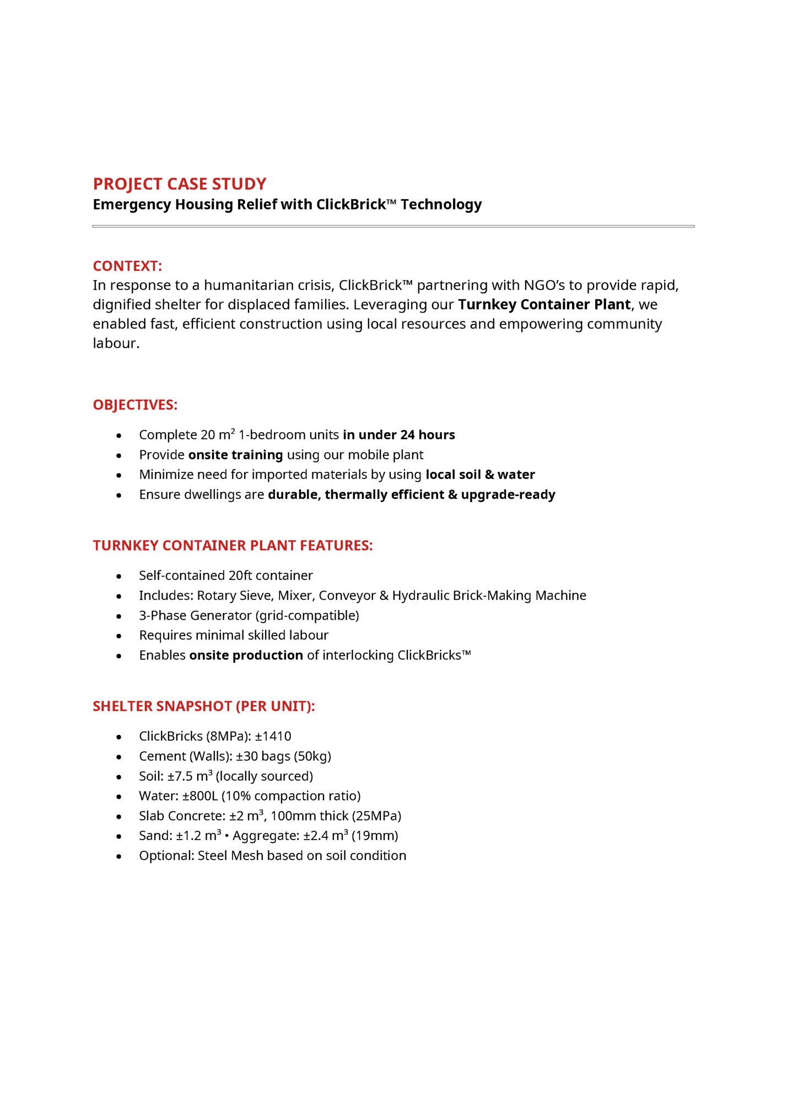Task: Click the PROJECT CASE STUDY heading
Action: tap(179, 184)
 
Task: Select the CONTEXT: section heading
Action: tap(127, 266)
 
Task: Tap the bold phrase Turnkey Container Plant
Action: tap(544, 304)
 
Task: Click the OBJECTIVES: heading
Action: tap(135, 405)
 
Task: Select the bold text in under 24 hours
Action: tap(398, 435)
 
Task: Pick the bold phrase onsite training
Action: tap(235, 455)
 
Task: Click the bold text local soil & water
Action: tap(480, 475)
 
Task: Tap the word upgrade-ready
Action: tap(508, 495)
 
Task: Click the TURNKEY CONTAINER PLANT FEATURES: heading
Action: tap(233, 546)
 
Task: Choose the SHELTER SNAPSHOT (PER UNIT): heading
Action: tap(204, 706)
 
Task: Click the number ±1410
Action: tap(273, 737)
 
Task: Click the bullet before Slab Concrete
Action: tap(119, 816)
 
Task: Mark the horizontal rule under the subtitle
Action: tap(393, 226)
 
